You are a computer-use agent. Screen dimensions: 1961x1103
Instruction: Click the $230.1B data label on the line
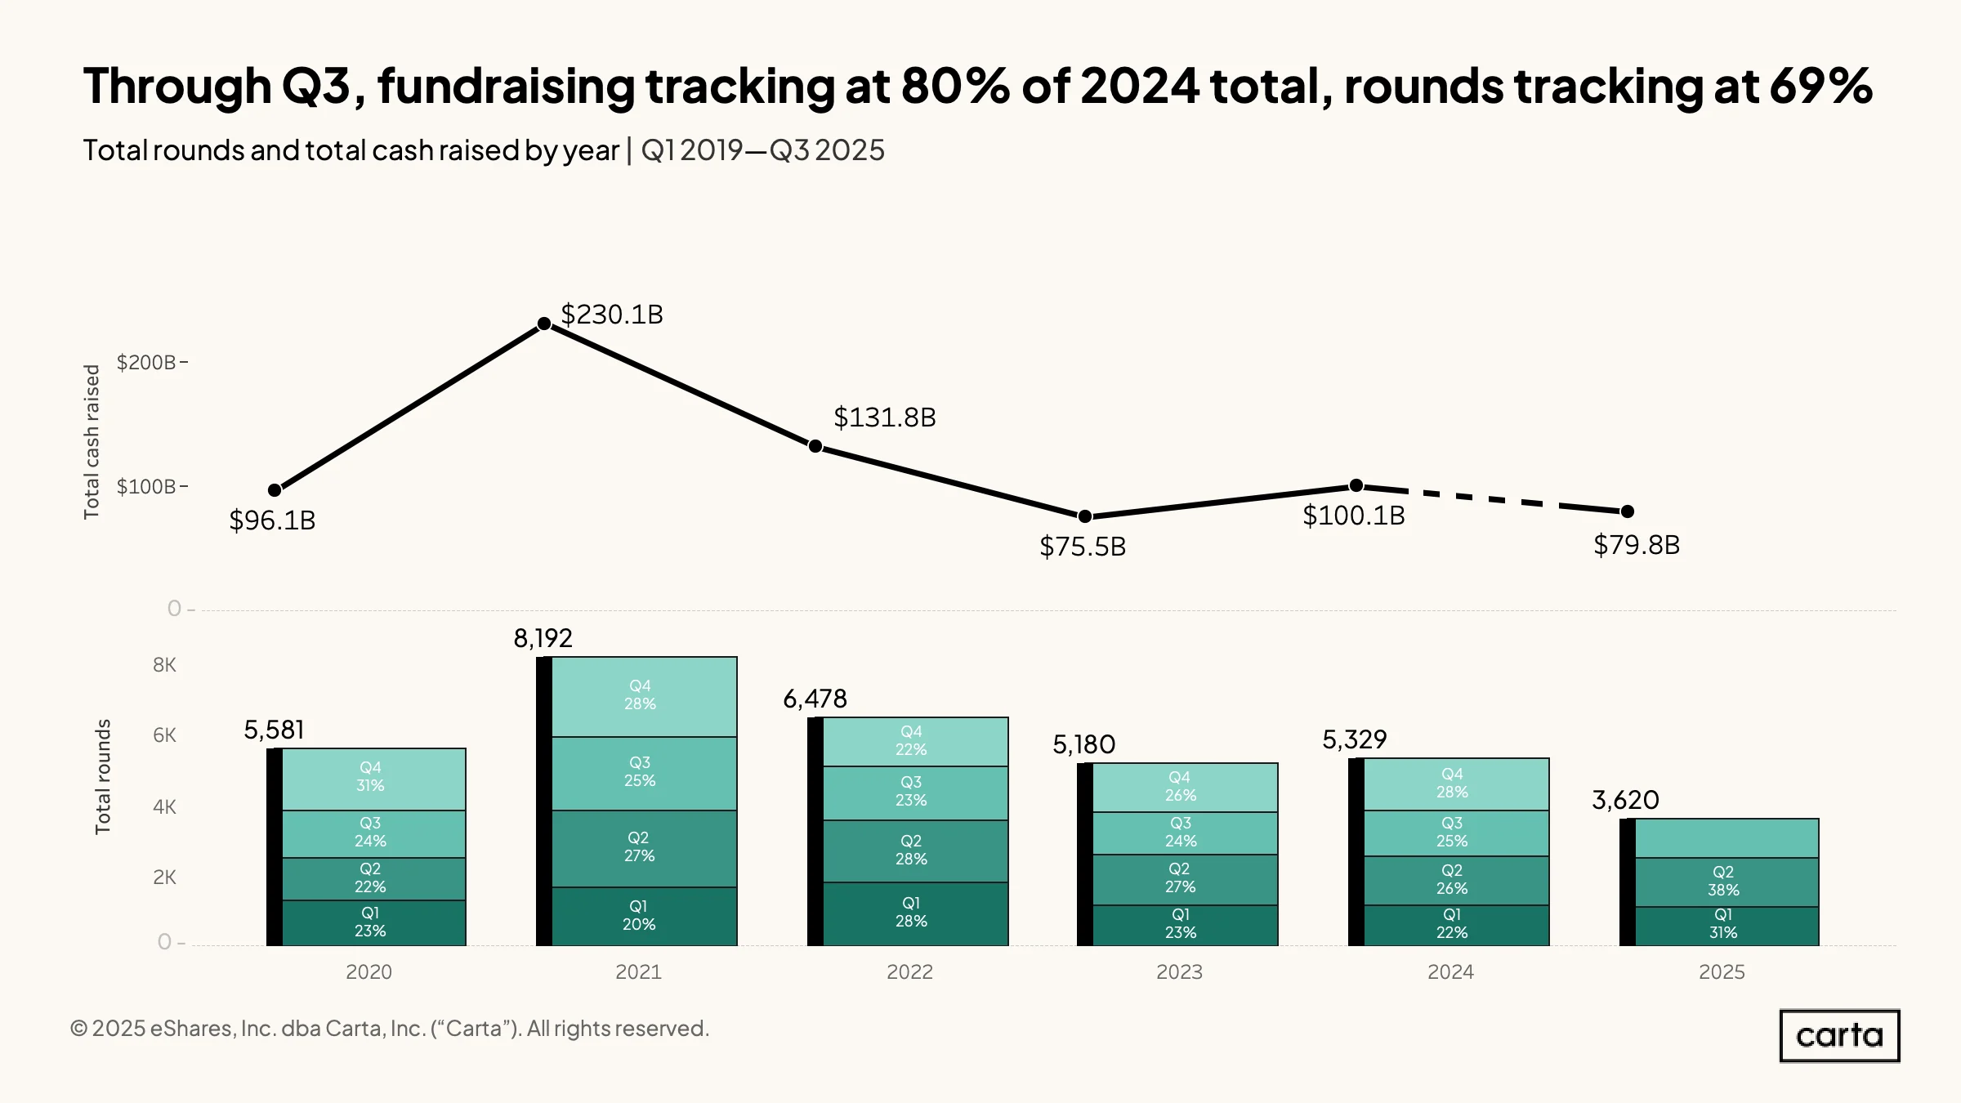(x=612, y=315)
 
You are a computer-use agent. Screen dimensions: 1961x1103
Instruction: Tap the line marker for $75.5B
(x=1085, y=516)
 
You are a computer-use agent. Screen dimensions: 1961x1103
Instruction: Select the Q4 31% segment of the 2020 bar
(x=374, y=779)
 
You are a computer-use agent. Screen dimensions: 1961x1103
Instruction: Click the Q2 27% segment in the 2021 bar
(x=645, y=849)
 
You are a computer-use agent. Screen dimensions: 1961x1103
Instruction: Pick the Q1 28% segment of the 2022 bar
(x=916, y=913)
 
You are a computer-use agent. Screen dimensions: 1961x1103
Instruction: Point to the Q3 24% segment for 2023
(x=1186, y=833)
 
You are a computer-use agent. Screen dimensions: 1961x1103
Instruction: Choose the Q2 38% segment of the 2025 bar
(x=1727, y=882)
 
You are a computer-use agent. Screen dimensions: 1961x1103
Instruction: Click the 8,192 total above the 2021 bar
(x=543, y=638)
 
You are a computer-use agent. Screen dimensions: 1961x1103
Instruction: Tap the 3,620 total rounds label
(x=1625, y=800)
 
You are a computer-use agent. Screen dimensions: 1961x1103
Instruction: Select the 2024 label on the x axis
(x=1450, y=971)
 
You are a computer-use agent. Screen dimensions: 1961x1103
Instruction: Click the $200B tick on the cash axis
(x=146, y=362)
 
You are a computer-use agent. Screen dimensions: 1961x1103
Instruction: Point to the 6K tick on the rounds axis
(x=164, y=735)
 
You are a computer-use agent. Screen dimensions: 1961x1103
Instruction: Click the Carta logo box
(x=1840, y=1036)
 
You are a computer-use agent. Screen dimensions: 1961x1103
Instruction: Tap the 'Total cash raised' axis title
(x=92, y=442)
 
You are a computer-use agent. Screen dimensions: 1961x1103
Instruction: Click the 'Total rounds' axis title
(x=102, y=777)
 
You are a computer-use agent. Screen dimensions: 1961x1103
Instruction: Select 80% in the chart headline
(x=955, y=86)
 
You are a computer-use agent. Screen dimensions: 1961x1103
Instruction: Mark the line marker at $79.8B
(x=1628, y=511)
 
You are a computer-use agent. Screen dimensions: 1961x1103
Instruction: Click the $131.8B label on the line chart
(x=885, y=418)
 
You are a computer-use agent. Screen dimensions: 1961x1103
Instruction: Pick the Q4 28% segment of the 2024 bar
(x=1457, y=784)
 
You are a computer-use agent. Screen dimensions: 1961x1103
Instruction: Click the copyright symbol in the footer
(x=78, y=1028)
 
